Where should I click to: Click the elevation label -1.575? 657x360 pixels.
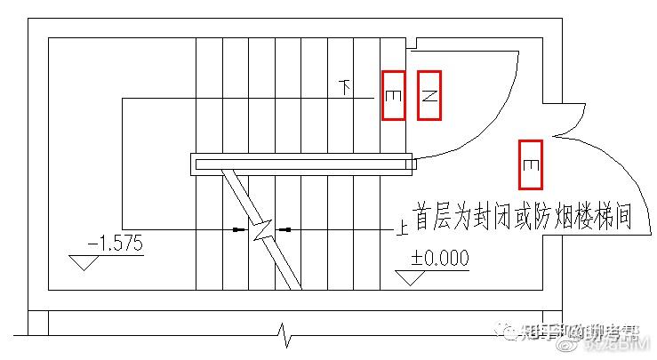116,243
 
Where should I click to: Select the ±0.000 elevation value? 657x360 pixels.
439,259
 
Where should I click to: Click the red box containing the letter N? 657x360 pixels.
429,95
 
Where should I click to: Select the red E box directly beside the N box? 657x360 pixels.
394,95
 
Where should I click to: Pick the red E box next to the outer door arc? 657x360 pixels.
530,164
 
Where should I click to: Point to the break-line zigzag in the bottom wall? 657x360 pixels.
284,336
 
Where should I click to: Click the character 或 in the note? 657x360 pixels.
515,217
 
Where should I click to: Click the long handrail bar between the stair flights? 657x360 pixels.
302,163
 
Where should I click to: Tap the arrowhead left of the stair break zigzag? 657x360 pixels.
239,230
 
